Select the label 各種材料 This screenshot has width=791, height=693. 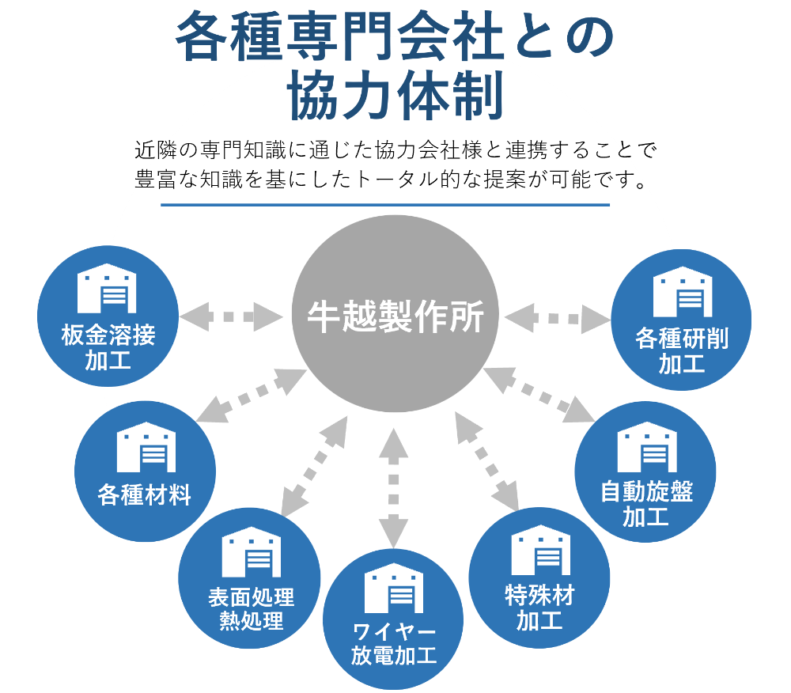click(145, 496)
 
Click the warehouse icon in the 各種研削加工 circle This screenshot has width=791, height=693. click(681, 292)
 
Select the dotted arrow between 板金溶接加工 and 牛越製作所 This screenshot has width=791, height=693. click(230, 317)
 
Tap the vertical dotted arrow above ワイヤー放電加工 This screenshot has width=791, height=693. click(393, 487)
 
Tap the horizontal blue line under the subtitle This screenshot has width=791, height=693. click(385, 205)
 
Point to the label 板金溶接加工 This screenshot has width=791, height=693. click(108, 348)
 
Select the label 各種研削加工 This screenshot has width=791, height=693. click(681, 350)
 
